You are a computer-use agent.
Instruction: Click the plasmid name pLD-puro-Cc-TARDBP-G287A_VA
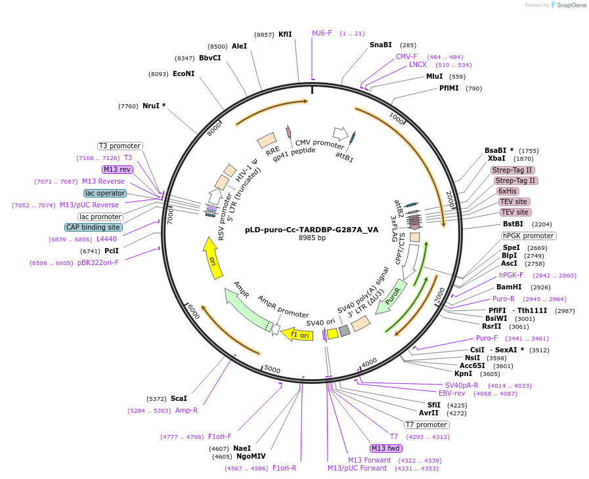(x=312, y=230)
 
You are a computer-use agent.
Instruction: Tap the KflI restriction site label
(x=285, y=34)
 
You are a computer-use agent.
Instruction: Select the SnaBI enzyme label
(x=381, y=45)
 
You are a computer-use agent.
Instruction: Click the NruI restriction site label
(x=154, y=106)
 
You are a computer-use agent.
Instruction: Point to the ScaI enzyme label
(x=179, y=398)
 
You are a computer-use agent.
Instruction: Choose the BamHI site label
(x=509, y=287)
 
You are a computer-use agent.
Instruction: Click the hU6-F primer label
(x=322, y=33)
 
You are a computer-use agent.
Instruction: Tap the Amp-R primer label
(x=186, y=410)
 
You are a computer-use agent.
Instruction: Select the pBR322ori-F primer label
(x=98, y=262)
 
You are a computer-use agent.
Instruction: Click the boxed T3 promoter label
(x=120, y=146)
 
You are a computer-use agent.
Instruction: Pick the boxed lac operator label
(x=105, y=193)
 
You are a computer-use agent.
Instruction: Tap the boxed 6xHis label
(x=508, y=191)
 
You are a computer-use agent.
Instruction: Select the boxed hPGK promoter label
(x=529, y=236)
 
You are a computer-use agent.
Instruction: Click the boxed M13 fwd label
(x=386, y=448)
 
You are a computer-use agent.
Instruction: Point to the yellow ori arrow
(x=211, y=256)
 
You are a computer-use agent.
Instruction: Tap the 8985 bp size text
(x=312, y=238)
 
